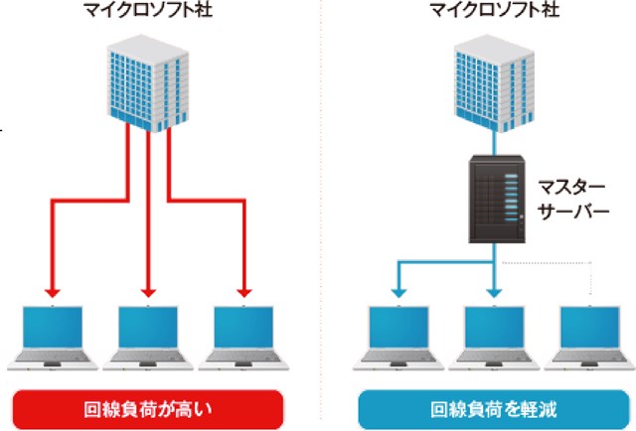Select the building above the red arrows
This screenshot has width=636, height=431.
coord(149,83)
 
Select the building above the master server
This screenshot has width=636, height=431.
coord(493,83)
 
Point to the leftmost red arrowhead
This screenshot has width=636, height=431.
coord(54,292)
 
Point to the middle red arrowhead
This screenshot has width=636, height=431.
coord(149,292)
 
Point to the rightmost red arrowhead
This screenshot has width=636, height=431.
coord(243,292)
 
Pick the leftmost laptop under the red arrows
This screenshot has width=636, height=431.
coord(54,338)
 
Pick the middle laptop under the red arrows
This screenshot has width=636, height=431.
coord(149,338)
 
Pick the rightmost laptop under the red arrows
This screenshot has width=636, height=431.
coord(243,338)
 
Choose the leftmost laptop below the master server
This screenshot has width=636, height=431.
coord(398,338)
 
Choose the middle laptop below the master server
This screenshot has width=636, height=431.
coord(494,338)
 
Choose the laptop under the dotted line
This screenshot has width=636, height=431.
coord(589,338)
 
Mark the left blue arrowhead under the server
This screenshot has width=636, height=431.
coord(398,292)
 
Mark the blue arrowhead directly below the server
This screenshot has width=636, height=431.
coord(494,292)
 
